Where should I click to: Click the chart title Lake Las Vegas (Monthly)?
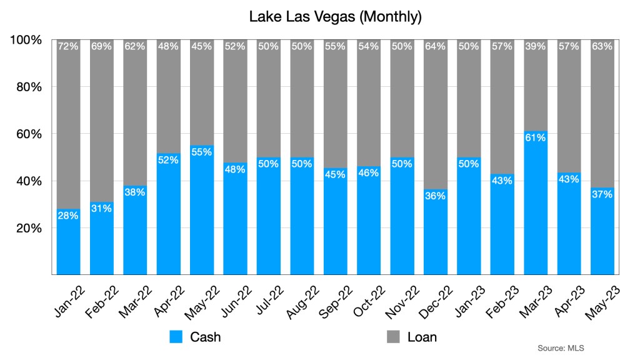[x=335, y=16]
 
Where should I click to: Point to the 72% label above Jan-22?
[x=68, y=46]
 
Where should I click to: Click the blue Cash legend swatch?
[x=176, y=337]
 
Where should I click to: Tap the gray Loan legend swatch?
[x=393, y=337]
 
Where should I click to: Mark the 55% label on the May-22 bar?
[x=202, y=152]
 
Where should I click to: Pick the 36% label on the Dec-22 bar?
[x=436, y=196]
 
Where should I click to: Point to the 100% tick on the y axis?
[x=27, y=40]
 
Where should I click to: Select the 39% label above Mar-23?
[x=536, y=46]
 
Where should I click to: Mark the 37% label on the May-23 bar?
[x=602, y=194]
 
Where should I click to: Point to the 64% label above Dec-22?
[x=436, y=46]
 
